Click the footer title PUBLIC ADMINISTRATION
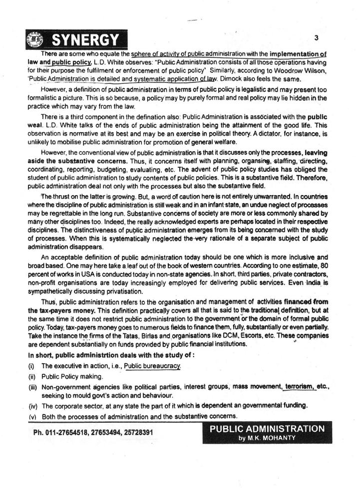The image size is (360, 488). pos(267,429)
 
